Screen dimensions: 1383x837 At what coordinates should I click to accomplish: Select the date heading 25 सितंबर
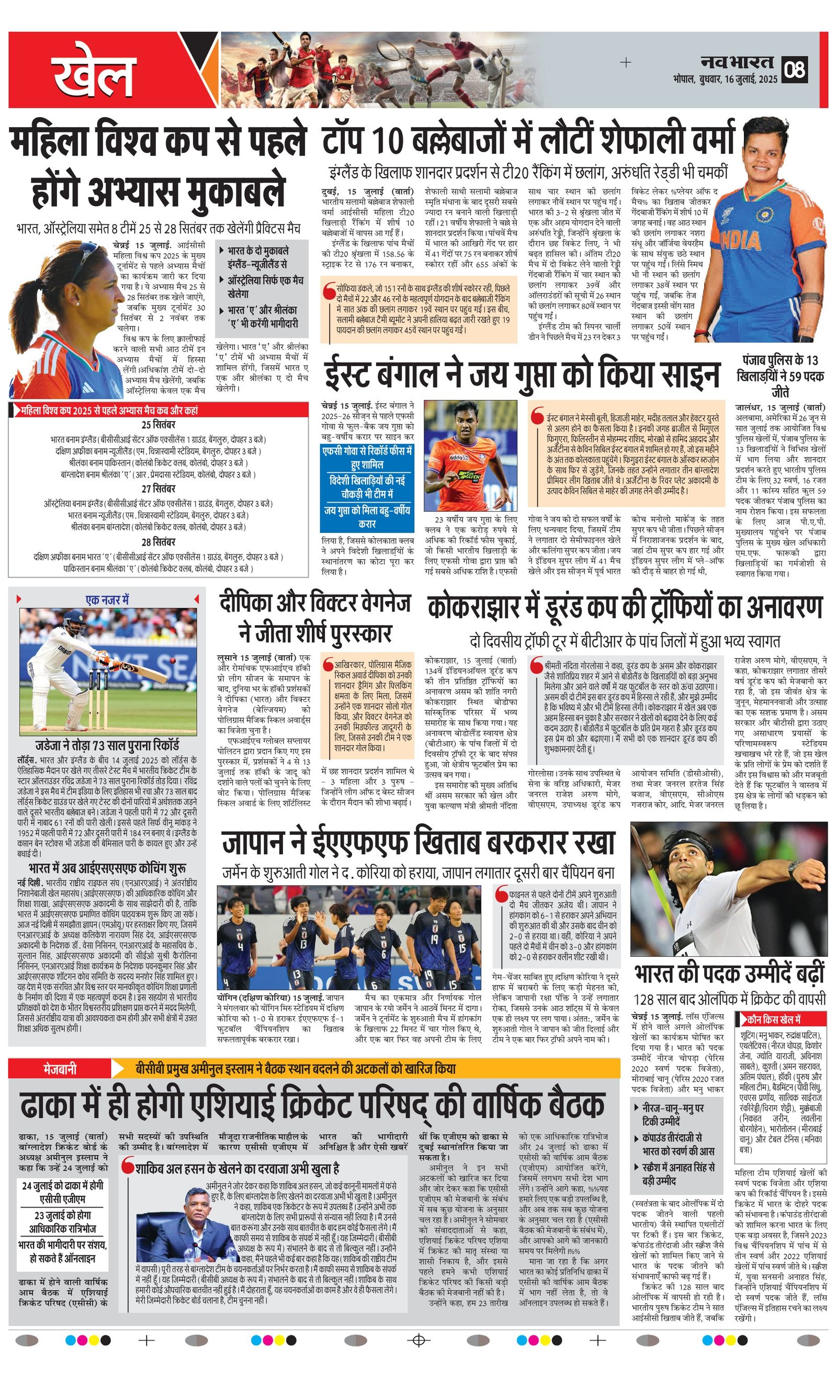point(159,424)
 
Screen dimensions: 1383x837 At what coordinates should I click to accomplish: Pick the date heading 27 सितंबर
point(159,489)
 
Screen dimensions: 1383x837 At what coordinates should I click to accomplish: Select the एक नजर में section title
point(107,600)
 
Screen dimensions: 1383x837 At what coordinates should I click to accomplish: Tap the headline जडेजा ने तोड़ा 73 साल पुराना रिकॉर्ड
point(107,745)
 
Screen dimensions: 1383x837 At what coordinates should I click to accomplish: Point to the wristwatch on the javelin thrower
point(793,869)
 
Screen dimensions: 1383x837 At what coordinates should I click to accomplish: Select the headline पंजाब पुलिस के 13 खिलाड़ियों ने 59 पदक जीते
point(781,376)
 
